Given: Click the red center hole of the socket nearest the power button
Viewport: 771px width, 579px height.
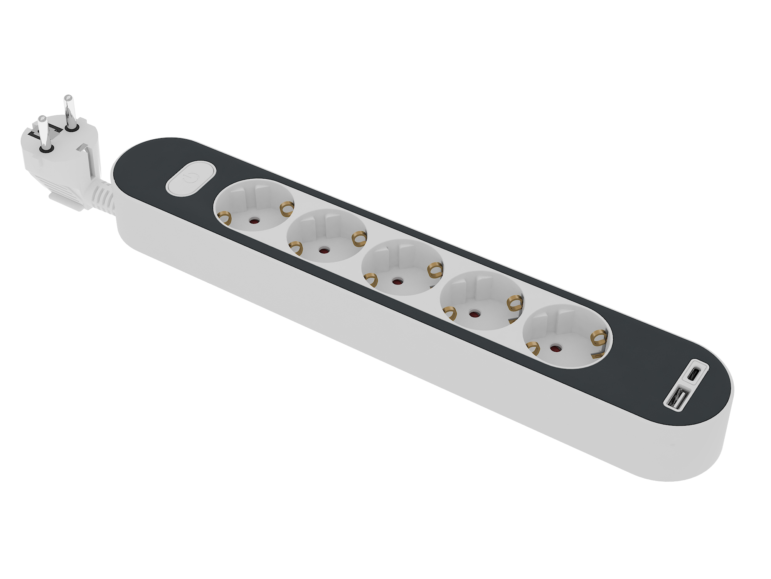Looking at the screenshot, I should pos(253,221).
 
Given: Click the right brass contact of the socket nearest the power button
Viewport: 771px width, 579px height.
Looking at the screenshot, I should pos(286,209).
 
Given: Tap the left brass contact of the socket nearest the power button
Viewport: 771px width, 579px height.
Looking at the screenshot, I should pos(224,219).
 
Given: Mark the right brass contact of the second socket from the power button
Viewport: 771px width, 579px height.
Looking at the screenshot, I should pos(359,238).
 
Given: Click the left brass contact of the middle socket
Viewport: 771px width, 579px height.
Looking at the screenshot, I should pos(371,279).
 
